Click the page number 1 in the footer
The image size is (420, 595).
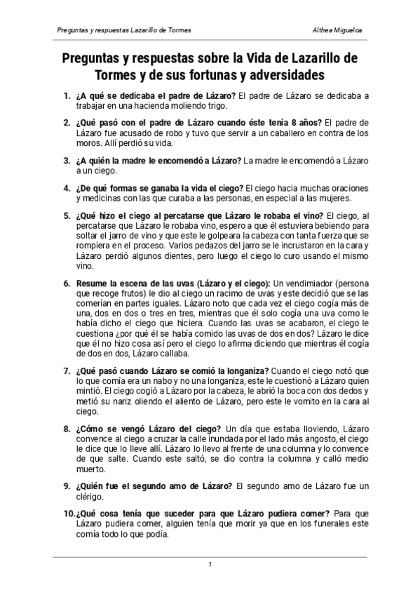[x=210, y=565]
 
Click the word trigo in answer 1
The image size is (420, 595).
[x=215, y=106]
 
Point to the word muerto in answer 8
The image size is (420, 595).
[x=91, y=468]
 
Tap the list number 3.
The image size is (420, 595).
[x=67, y=161]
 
